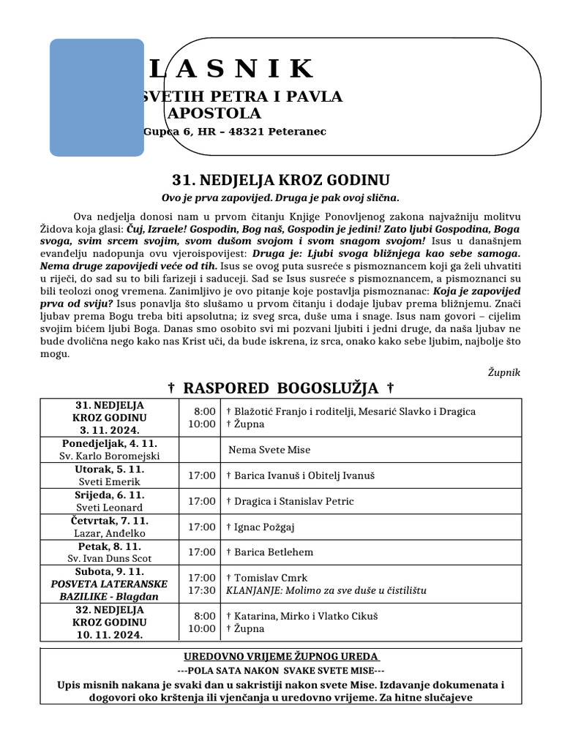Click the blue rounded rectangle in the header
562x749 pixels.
pyautogui.click(x=97, y=97)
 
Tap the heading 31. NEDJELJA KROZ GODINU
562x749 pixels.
pyautogui.click(x=280, y=180)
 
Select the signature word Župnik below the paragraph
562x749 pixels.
pyautogui.click(x=503, y=372)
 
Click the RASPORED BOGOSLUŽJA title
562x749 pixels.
pyautogui.click(x=281, y=388)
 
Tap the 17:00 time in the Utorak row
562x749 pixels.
pyautogui.click(x=202, y=475)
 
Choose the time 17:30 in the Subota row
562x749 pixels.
pyautogui.click(x=202, y=590)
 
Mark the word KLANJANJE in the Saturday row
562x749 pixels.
pyautogui.click(x=252, y=590)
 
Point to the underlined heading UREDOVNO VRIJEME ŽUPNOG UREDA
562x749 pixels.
pyautogui.click(x=280, y=656)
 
